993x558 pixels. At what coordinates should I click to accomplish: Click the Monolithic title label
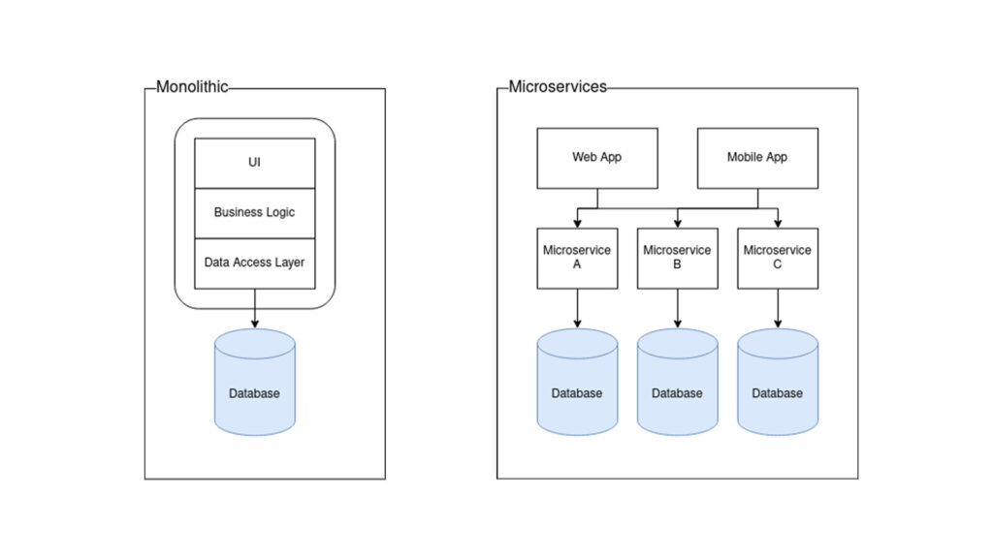pos(192,87)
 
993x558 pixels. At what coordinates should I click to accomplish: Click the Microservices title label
pos(558,87)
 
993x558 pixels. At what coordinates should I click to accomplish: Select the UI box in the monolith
pos(255,163)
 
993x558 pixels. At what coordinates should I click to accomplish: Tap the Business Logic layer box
pos(255,212)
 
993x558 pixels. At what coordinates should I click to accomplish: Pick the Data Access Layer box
pos(255,263)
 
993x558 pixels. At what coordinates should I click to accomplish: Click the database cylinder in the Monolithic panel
pos(254,383)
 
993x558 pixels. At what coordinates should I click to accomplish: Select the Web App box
pos(597,157)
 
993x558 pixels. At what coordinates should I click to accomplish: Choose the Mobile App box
pos(757,157)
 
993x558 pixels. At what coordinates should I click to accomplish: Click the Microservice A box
pos(577,258)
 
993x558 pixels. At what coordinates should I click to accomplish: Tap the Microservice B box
pos(677,258)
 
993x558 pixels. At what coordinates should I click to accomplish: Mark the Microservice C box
pos(777,258)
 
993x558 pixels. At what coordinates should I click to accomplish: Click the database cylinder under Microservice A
pos(577,382)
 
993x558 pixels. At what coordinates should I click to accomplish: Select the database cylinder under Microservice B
pos(677,382)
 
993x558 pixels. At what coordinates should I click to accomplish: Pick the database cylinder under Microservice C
pos(777,382)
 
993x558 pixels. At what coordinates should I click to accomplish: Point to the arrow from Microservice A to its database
pos(577,308)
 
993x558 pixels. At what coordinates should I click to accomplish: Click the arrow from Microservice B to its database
pos(677,308)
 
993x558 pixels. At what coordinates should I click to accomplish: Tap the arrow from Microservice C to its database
pos(777,308)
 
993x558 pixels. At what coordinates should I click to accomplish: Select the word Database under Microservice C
pos(777,393)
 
